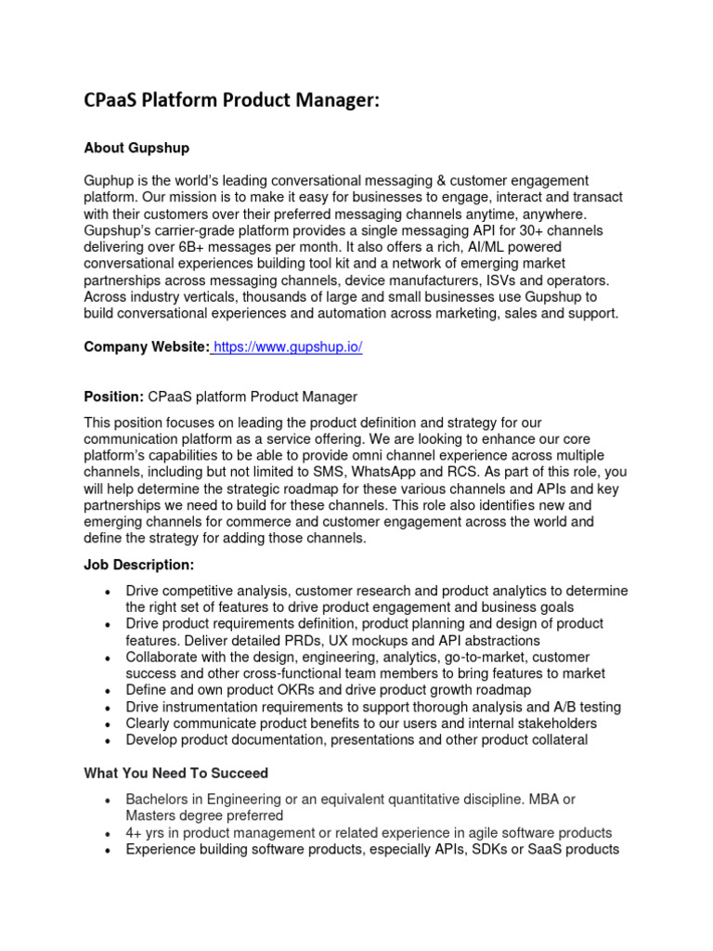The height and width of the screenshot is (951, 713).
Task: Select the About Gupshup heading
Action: pos(136,147)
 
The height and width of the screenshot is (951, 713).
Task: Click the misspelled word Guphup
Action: pos(109,180)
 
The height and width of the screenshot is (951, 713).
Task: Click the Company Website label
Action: pos(146,347)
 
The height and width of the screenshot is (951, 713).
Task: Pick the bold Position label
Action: pos(113,397)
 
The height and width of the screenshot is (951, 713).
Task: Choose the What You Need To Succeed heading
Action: pos(176,773)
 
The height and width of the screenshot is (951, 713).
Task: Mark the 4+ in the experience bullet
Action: pos(135,832)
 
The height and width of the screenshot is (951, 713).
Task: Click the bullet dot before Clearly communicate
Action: pos(110,724)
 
